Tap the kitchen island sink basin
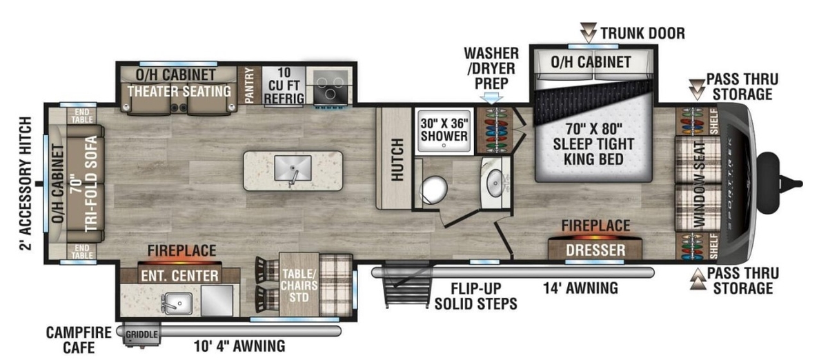(293, 168)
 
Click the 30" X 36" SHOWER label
(444, 130)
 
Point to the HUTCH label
(397, 160)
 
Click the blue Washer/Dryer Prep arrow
(491, 97)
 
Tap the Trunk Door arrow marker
(588, 32)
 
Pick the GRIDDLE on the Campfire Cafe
(141, 334)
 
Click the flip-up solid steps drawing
(407, 284)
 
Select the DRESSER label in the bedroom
(595, 250)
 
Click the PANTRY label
(249, 86)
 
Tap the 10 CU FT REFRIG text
(284, 86)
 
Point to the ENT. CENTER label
(179, 276)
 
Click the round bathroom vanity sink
(494, 181)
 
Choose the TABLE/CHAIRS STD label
(299, 286)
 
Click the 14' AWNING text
(580, 288)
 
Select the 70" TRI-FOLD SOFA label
(84, 183)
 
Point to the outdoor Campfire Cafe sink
(178, 303)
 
